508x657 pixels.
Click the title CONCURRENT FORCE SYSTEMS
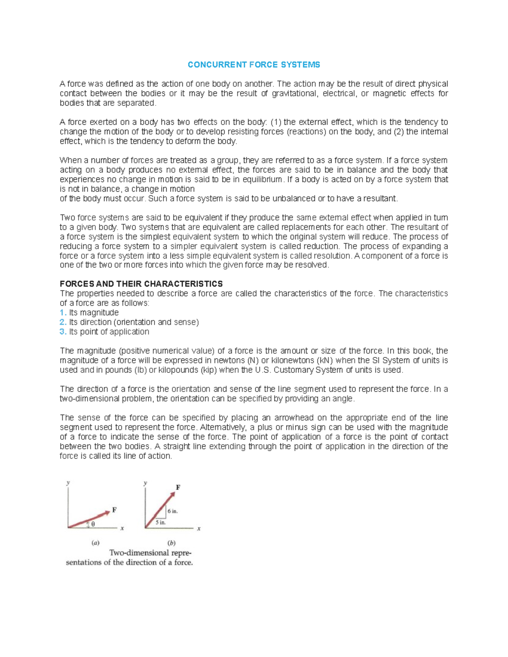[x=254, y=65]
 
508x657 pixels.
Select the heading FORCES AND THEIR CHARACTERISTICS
[x=141, y=284]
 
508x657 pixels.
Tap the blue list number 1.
[x=63, y=313]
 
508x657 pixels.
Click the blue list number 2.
[x=63, y=322]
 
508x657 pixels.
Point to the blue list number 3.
[x=63, y=332]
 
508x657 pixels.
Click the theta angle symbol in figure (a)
[x=93, y=524]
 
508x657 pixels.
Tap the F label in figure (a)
[x=114, y=510]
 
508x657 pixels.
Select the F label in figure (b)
[x=178, y=487]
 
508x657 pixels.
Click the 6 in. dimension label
[x=173, y=511]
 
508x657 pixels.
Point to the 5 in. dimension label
[x=160, y=522]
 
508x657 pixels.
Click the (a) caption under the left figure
[x=95, y=543]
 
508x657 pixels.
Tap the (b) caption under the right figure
[x=171, y=543]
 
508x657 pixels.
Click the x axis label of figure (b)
[x=199, y=528]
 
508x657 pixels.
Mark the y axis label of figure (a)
[x=68, y=483]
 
